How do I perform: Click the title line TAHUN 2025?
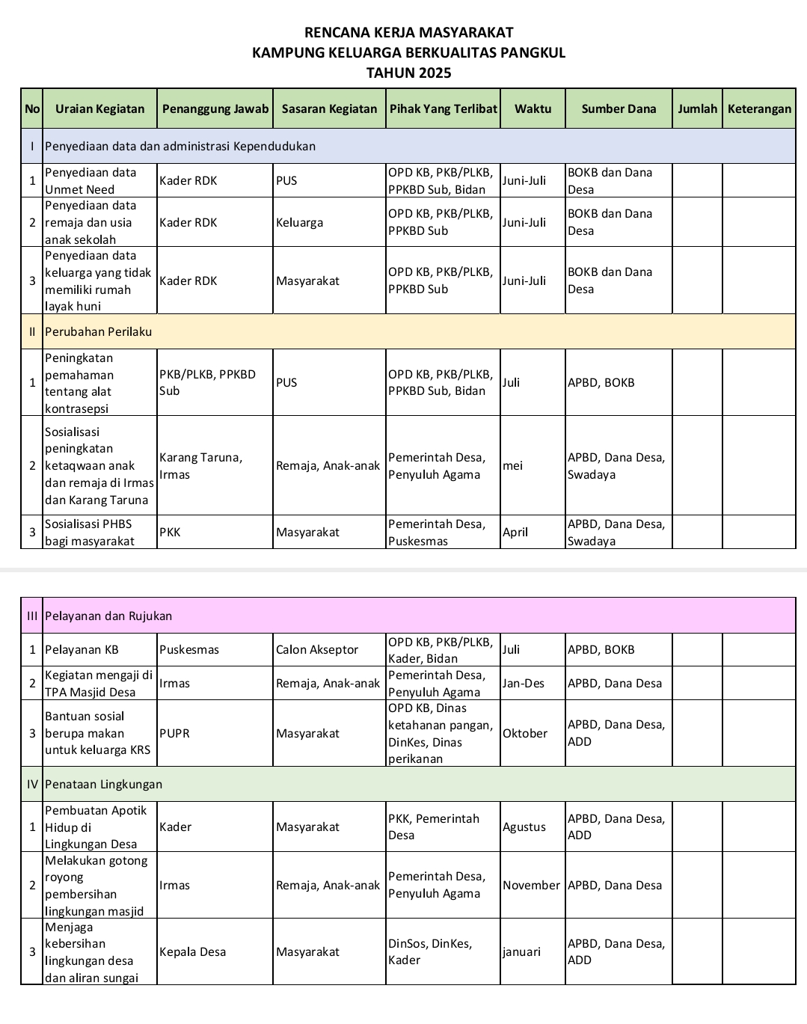coord(408,73)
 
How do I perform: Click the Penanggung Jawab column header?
coord(215,108)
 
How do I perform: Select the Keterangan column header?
coord(758,108)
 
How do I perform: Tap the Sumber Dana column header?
coord(619,108)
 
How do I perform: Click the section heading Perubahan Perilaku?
coord(99,331)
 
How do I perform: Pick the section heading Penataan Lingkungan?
coord(103,784)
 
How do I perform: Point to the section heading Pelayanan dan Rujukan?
coord(108,616)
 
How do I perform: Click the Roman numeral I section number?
coord(32,146)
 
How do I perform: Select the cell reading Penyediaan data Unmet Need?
coord(90,180)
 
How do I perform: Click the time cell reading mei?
coord(513,465)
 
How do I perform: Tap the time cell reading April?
coord(515,532)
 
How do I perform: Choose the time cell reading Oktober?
coord(525,733)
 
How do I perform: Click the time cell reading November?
coord(531,885)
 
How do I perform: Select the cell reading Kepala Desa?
coord(192,951)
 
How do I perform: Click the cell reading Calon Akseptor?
coord(317,649)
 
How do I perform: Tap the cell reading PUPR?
coord(174,733)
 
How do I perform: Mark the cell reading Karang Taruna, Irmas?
coord(200,465)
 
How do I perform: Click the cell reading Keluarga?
coord(299,222)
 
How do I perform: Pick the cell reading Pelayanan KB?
coord(82,649)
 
